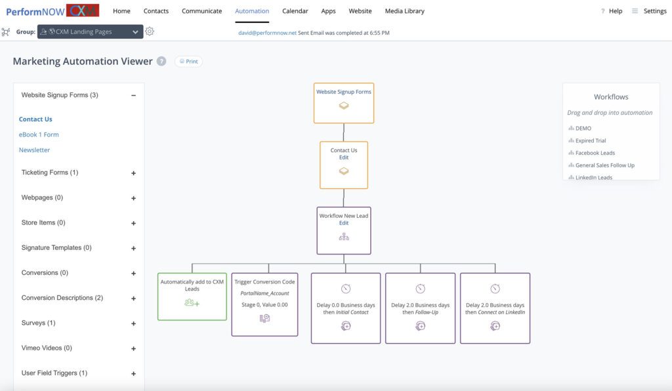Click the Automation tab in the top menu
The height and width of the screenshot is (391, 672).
(252, 11)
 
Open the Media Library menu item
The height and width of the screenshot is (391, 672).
(404, 11)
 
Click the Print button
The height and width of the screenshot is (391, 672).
(188, 61)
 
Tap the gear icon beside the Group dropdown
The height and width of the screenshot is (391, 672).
(150, 31)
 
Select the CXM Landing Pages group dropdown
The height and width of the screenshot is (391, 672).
(90, 31)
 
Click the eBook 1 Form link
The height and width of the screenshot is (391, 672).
(39, 134)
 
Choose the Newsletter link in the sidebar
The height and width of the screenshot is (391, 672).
(34, 150)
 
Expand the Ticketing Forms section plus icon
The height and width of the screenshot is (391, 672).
(134, 173)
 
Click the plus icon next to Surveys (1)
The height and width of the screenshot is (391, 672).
(134, 323)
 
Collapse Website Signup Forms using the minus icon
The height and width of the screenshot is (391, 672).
(134, 96)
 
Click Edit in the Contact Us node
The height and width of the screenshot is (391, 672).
(344, 157)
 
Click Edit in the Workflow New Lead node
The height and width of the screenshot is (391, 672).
(344, 223)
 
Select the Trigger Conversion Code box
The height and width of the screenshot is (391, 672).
(265, 304)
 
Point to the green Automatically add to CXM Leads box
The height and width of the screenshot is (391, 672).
(192, 297)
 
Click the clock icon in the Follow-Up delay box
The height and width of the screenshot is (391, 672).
(421, 289)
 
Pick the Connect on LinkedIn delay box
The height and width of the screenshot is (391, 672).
(495, 308)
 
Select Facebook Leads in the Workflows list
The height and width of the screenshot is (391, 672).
(595, 153)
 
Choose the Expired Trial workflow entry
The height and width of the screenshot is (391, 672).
(591, 140)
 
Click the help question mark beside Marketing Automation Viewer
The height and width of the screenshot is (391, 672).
(161, 61)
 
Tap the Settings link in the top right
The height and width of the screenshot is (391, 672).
(655, 11)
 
